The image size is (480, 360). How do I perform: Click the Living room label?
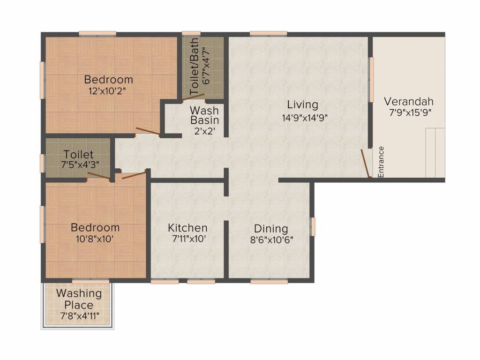[x=302, y=105]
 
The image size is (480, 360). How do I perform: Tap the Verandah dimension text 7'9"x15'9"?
[x=410, y=112]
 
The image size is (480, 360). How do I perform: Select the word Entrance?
[x=381, y=162]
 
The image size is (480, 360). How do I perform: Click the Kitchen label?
[x=187, y=228]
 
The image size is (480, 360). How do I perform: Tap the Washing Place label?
[x=79, y=299]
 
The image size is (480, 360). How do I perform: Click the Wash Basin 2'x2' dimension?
[x=204, y=131]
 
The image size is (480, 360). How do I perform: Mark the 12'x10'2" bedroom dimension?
[x=107, y=91]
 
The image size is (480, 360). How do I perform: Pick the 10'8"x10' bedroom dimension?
[x=95, y=239]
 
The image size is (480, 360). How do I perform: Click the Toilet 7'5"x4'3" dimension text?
[x=80, y=165]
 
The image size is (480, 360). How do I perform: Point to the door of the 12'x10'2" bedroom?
[x=148, y=131]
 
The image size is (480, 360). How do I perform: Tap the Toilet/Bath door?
[x=193, y=97]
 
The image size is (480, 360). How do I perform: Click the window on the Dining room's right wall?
[x=313, y=226]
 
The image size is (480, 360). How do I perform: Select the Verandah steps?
[x=435, y=153]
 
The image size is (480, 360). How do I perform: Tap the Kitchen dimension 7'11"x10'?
[x=188, y=239]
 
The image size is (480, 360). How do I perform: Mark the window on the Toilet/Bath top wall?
[x=191, y=34]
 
